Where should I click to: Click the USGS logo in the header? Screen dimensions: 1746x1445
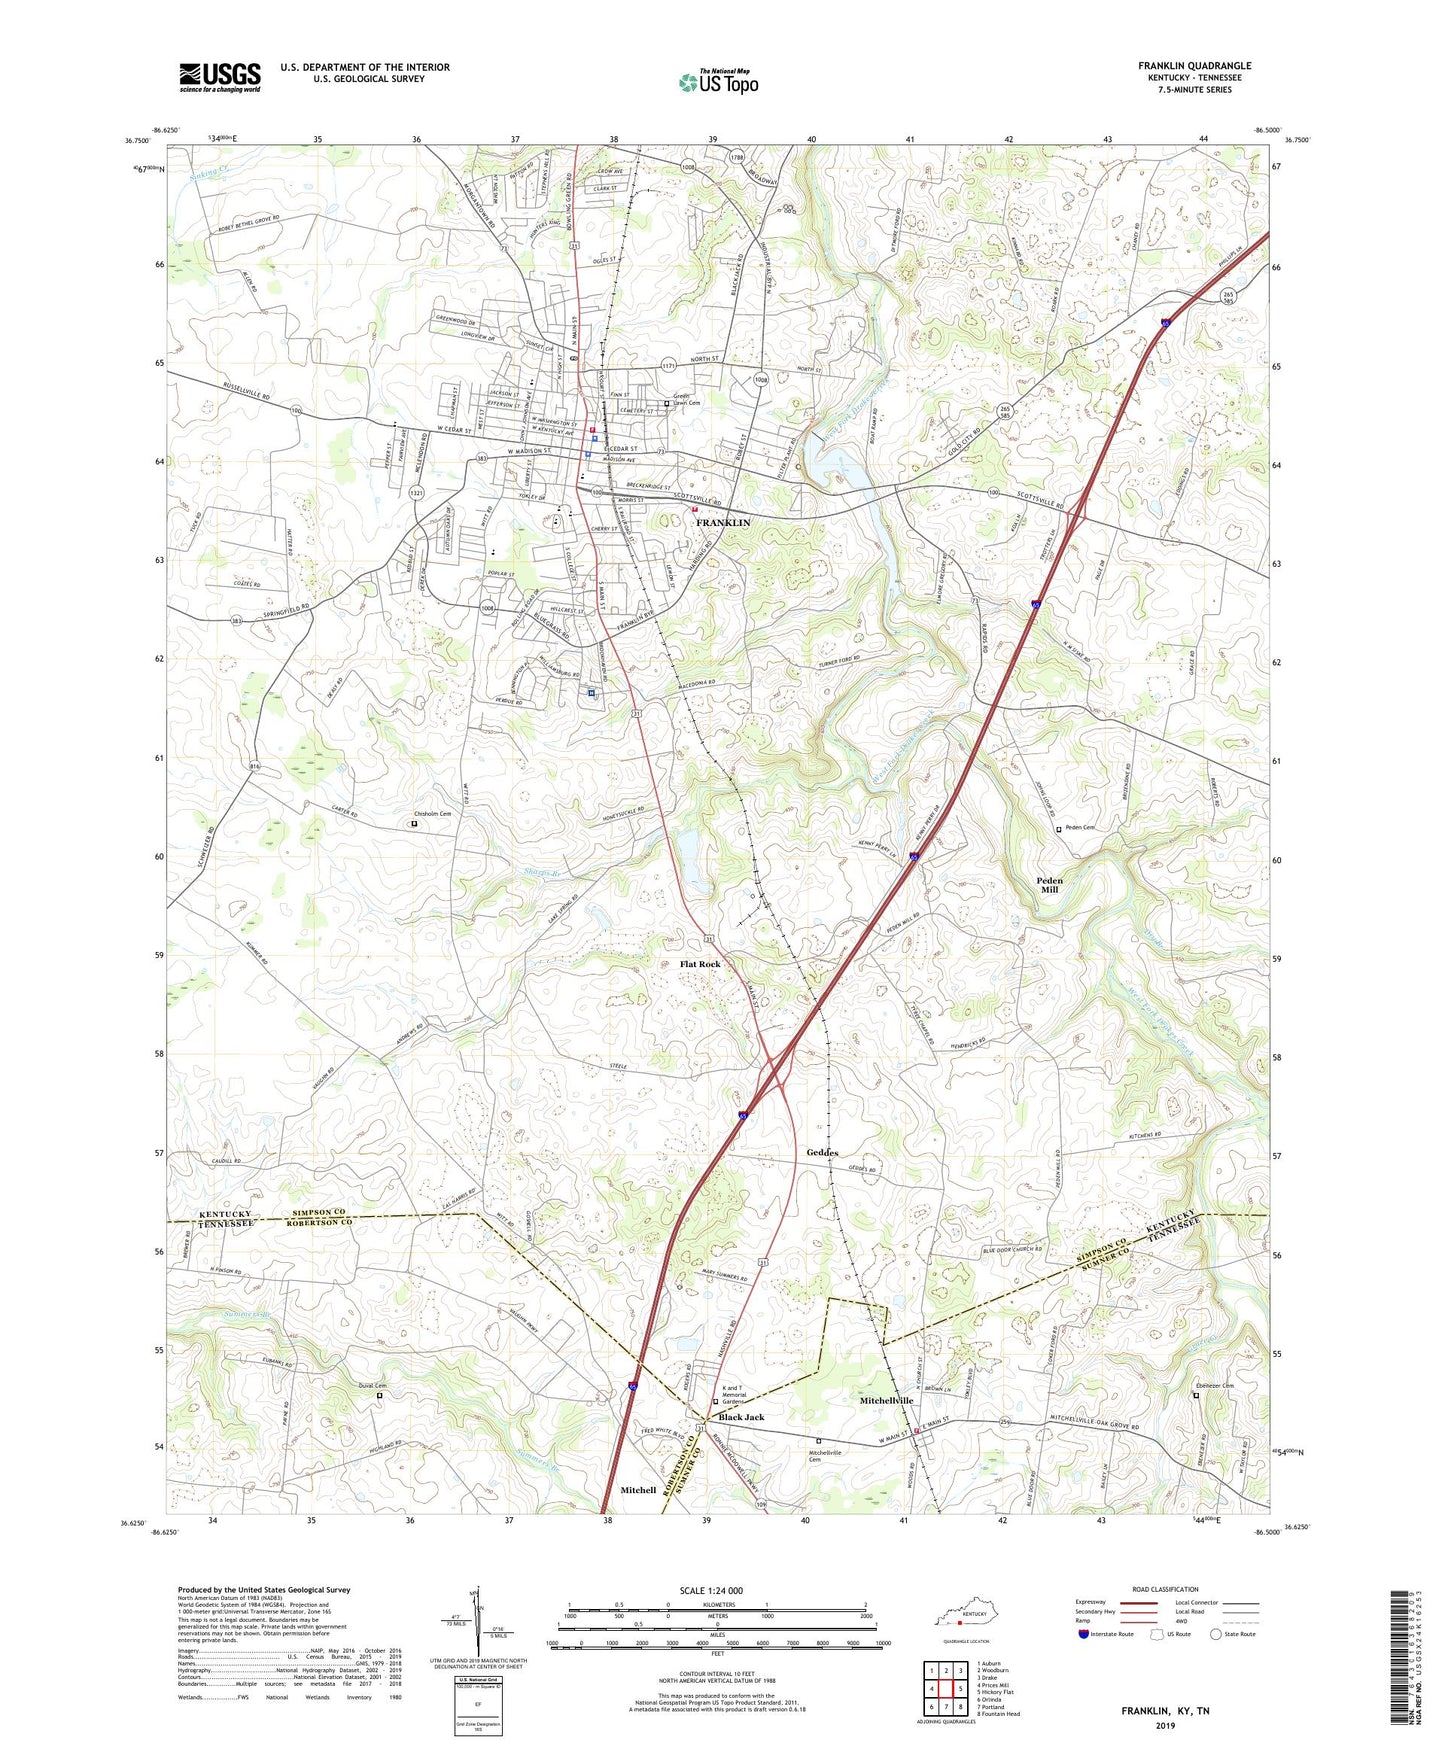220,77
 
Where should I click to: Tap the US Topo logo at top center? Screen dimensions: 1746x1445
717,82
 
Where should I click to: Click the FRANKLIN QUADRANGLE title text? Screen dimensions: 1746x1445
1194,66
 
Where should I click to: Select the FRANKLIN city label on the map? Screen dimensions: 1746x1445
723,523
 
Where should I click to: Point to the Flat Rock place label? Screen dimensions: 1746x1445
700,964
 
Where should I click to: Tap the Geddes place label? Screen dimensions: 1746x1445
822,1152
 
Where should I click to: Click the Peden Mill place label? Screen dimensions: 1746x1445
1049,884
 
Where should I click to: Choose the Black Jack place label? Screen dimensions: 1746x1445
741,1417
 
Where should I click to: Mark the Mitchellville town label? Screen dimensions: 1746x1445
887,1401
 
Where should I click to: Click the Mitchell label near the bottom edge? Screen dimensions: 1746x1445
638,1490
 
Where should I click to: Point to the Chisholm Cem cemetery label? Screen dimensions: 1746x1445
432,814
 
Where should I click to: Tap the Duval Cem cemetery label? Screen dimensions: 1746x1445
372,1385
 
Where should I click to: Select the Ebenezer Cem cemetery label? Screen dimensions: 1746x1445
1215,1385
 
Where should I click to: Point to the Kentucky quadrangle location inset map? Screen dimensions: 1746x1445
961,1619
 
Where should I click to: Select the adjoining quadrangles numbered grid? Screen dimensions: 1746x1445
946,1690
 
